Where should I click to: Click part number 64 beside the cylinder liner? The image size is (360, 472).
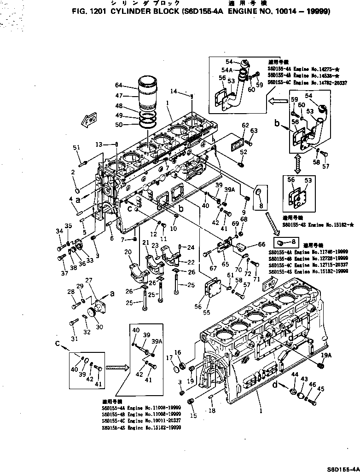pos(119,85)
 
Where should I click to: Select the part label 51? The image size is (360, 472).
pos(77,147)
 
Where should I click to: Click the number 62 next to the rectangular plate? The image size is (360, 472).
pos(245,125)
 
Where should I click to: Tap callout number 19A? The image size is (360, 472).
pos(326,355)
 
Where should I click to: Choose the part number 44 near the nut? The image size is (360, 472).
pos(295,375)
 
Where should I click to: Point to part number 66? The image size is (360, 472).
pos(261,244)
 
